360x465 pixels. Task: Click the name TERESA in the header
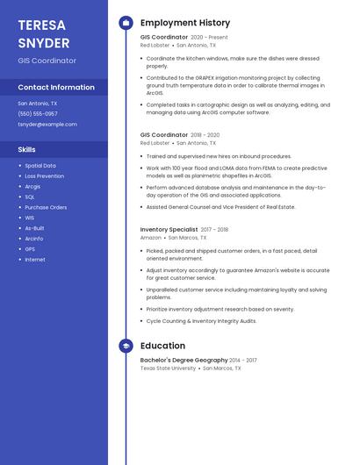[42, 25]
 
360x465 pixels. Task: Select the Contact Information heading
[56, 87]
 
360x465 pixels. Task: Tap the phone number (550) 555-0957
[38, 113]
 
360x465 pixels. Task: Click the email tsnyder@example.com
[47, 124]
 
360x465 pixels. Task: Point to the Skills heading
[27, 149]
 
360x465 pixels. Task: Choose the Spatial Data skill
[40, 165]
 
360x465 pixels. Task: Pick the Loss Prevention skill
[45, 175]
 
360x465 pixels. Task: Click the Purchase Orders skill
[46, 207]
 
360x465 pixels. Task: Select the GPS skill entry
[30, 248]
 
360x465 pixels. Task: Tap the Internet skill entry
[35, 259]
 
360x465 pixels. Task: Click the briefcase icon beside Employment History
[126, 23]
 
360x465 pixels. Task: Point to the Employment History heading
[185, 23]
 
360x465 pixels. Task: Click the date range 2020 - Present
[209, 37]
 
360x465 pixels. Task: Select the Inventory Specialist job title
[169, 229]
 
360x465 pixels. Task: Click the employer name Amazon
[151, 237]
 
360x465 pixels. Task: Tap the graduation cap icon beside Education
[126, 346]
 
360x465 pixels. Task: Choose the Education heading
[162, 346]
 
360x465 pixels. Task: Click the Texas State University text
[168, 368]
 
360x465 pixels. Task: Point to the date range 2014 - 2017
[243, 360]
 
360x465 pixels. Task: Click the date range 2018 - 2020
[205, 134]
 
